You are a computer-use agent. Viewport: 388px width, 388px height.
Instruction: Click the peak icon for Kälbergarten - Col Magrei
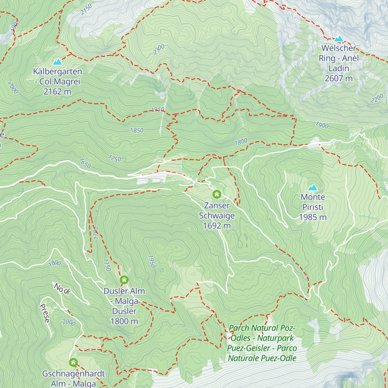click(x=58, y=62)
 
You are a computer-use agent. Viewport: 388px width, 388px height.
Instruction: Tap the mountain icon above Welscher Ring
click(x=339, y=39)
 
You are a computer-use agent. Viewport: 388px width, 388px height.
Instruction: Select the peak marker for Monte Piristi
click(x=313, y=188)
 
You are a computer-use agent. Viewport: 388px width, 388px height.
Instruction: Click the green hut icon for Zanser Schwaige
click(x=217, y=194)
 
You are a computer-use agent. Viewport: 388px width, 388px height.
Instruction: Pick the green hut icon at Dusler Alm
click(x=124, y=280)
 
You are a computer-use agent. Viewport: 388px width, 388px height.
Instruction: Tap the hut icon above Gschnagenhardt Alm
click(x=73, y=362)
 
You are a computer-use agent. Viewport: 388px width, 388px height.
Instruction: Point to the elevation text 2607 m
click(x=339, y=79)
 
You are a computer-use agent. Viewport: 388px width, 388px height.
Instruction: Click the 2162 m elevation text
click(x=58, y=92)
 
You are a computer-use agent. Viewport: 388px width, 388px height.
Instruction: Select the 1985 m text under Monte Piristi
click(x=313, y=217)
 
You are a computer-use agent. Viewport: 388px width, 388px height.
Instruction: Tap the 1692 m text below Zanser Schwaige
click(x=217, y=226)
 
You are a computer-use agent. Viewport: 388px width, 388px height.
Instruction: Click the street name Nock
click(x=62, y=289)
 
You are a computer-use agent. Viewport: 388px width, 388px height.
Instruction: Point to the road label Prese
click(x=45, y=313)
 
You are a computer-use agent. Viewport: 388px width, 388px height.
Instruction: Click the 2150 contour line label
click(x=86, y=9)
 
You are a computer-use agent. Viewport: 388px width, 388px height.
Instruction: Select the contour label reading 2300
click(x=159, y=49)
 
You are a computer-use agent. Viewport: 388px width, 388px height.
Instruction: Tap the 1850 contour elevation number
click(x=137, y=130)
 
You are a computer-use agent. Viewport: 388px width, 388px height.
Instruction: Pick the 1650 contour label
click(x=85, y=163)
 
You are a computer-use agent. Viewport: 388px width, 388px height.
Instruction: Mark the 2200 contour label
click(x=377, y=99)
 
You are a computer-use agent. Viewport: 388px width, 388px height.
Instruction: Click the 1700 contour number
click(x=96, y=233)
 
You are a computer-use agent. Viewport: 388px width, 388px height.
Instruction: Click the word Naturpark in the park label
click(x=275, y=338)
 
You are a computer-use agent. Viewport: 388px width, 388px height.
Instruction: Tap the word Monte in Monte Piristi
click(x=313, y=197)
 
